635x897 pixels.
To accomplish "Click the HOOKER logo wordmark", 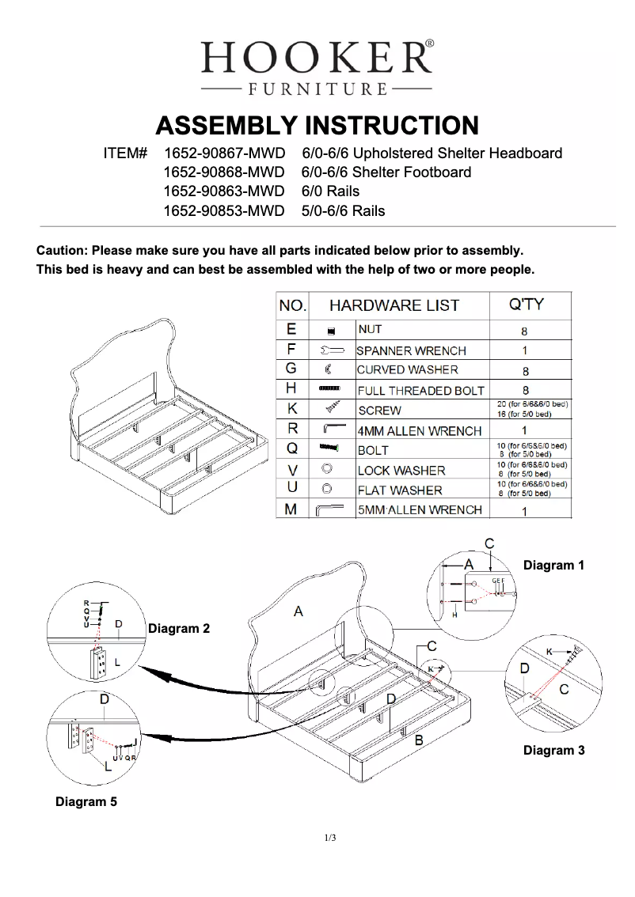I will click(x=317, y=57).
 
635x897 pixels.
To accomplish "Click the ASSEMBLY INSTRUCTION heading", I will click(x=317, y=126).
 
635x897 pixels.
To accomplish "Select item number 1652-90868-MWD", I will click(x=223, y=172).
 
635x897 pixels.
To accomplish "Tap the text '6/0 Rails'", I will click(x=330, y=191).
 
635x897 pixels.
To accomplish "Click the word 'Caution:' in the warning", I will click(x=63, y=251).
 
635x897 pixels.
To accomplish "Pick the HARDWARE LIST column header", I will click(x=394, y=305).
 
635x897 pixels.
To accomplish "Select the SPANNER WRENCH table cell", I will click(x=411, y=350).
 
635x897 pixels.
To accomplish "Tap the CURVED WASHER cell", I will click(x=407, y=369).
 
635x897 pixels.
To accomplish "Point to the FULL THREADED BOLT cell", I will click(x=420, y=391).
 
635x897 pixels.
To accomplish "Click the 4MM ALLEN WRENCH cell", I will click(x=420, y=431).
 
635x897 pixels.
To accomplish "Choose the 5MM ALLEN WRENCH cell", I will click(x=420, y=510).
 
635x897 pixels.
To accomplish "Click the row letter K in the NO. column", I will click(x=291, y=410).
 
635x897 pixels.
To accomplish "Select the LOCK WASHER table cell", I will click(x=401, y=471).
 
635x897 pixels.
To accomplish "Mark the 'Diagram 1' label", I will click(x=553, y=566).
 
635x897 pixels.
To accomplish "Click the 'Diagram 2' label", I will click(x=179, y=628).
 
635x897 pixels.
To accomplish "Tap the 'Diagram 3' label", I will click(x=553, y=750).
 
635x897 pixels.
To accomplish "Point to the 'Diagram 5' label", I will click(x=86, y=802).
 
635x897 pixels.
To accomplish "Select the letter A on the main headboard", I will click(x=298, y=611).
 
